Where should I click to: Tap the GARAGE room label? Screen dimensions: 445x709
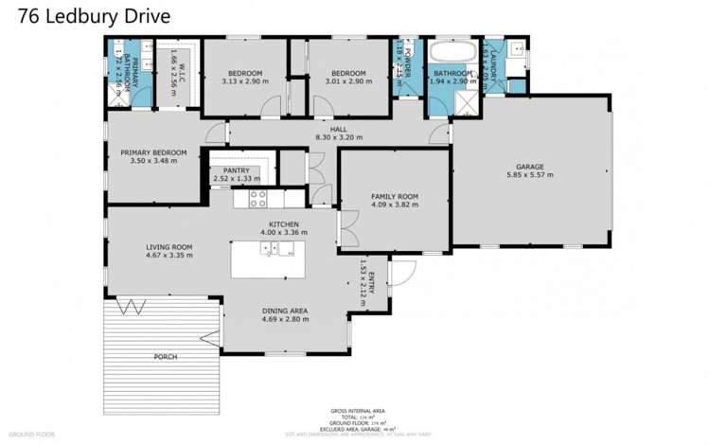(529, 167)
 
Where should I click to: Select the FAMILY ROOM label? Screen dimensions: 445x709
(394, 197)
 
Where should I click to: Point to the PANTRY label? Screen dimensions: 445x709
(236, 170)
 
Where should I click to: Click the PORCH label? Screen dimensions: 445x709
(165, 356)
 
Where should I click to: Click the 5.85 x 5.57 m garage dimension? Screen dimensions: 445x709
(529, 175)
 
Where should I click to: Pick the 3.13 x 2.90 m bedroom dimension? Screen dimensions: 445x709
(244, 81)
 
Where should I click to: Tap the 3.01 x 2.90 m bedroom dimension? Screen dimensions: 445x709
(336, 81)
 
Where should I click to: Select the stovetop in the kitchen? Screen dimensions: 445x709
(257, 199)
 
